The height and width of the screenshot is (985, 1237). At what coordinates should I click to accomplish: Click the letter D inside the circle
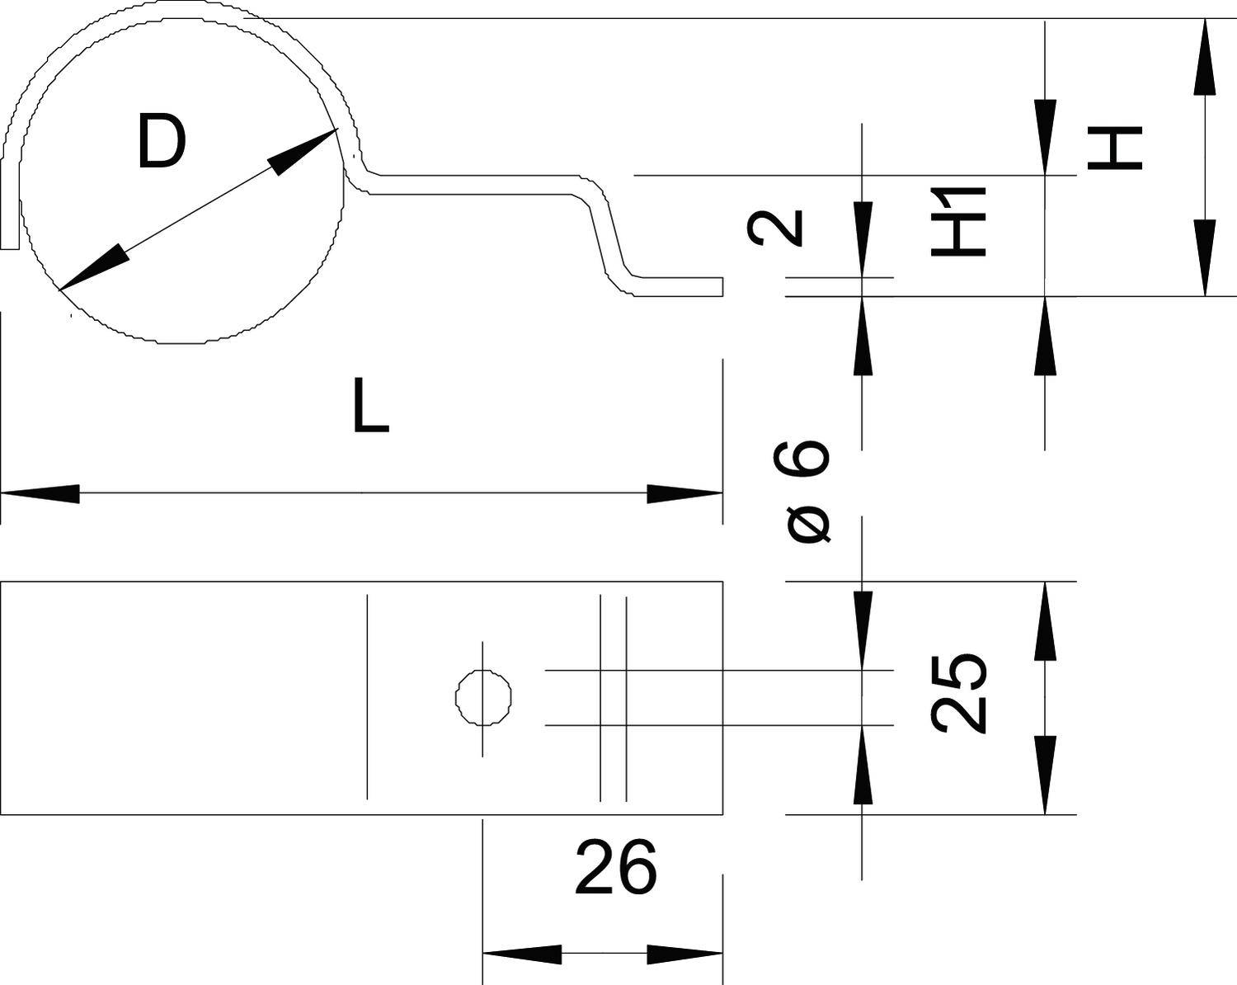click(162, 143)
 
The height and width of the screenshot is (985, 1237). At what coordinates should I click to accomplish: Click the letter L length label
click(369, 406)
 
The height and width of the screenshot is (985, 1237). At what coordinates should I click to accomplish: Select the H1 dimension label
click(959, 221)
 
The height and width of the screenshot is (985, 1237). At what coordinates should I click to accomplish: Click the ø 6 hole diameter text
click(808, 492)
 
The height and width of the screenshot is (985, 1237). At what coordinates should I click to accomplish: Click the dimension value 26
click(616, 867)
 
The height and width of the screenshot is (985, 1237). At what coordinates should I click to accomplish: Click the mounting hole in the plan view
click(483, 698)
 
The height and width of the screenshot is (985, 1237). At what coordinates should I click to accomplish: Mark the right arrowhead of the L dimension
click(684, 494)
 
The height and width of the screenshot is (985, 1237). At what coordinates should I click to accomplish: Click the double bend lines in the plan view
click(613, 698)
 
